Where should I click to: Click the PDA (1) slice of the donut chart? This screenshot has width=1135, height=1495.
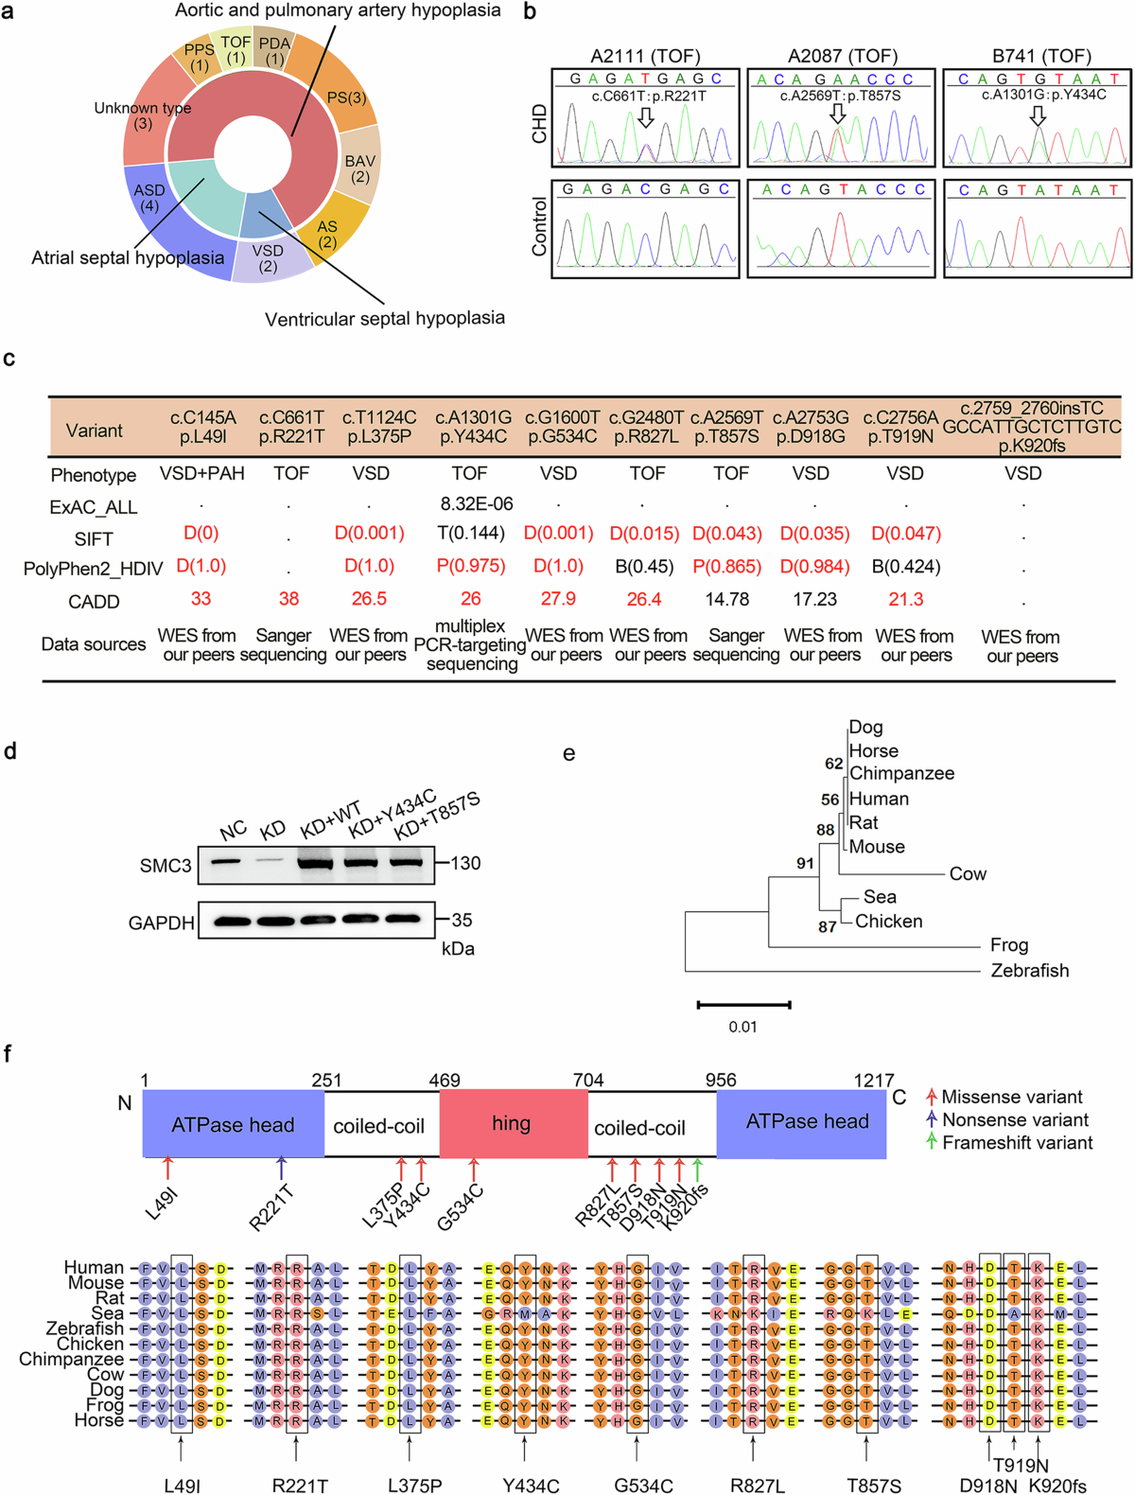[274, 49]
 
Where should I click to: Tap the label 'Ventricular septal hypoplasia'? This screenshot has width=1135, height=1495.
[384, 319]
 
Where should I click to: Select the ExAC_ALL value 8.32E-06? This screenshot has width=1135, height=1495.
[470, 504]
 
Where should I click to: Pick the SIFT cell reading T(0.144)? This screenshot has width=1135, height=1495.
[470, 534]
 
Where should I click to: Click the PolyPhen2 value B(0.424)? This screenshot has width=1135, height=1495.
[905, 567]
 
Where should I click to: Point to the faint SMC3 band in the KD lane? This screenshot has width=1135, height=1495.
[271, 861]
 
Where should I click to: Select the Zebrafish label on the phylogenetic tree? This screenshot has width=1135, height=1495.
[1029, 970]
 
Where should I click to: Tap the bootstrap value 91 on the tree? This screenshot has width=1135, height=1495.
[805, 863]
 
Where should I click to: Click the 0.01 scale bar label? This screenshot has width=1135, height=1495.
[742, 1027]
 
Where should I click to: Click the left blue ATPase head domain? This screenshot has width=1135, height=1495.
[233, 1124]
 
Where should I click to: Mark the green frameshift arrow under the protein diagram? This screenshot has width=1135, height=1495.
[698, 1169]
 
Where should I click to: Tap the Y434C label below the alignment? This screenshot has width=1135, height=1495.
[531, 1486]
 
